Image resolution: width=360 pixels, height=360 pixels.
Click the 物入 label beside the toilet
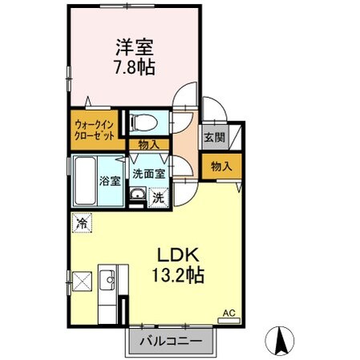149,144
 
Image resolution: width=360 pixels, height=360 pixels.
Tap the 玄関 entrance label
213,138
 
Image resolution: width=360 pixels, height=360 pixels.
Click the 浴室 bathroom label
110,180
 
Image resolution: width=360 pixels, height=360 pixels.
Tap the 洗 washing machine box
159,196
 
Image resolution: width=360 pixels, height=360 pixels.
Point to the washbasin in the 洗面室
138,196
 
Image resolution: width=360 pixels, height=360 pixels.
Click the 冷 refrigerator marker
82,223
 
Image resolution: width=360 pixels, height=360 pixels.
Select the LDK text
178,256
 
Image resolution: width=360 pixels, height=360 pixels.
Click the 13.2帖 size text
178,275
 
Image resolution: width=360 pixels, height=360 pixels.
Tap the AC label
227,313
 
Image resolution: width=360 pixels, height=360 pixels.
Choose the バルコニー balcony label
171,342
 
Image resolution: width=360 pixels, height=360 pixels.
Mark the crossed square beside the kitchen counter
81,281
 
